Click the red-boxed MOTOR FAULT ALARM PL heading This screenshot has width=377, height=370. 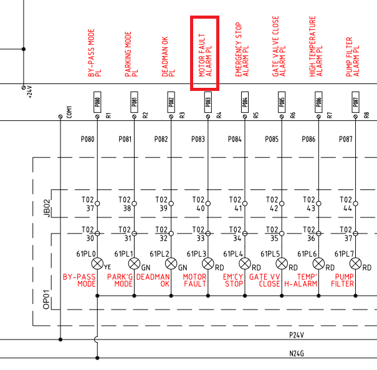pyautogui.click(x=204, y=54)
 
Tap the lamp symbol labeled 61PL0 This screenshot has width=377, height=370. pyautogui.click(x=97, y=263)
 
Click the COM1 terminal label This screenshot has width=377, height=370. pyautogui.click(x=69, y=111)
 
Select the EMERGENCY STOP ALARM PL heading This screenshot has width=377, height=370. pyautogui.click(x=242, y=50)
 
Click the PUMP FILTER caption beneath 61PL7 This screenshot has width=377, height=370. pyautogui.click(x=345, y=280)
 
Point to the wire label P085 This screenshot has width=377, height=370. pyautogui.click(x=272, y=140)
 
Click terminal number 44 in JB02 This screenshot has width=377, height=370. pyautogui.click(x=348, y=209)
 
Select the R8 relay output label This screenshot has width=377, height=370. pyautogui.click(x=366, y=115)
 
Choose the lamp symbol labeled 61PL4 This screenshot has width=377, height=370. pyautogui.click(x=245, y=263)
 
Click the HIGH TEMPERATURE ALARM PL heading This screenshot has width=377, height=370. pyautogui.click(x=315, y=47)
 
